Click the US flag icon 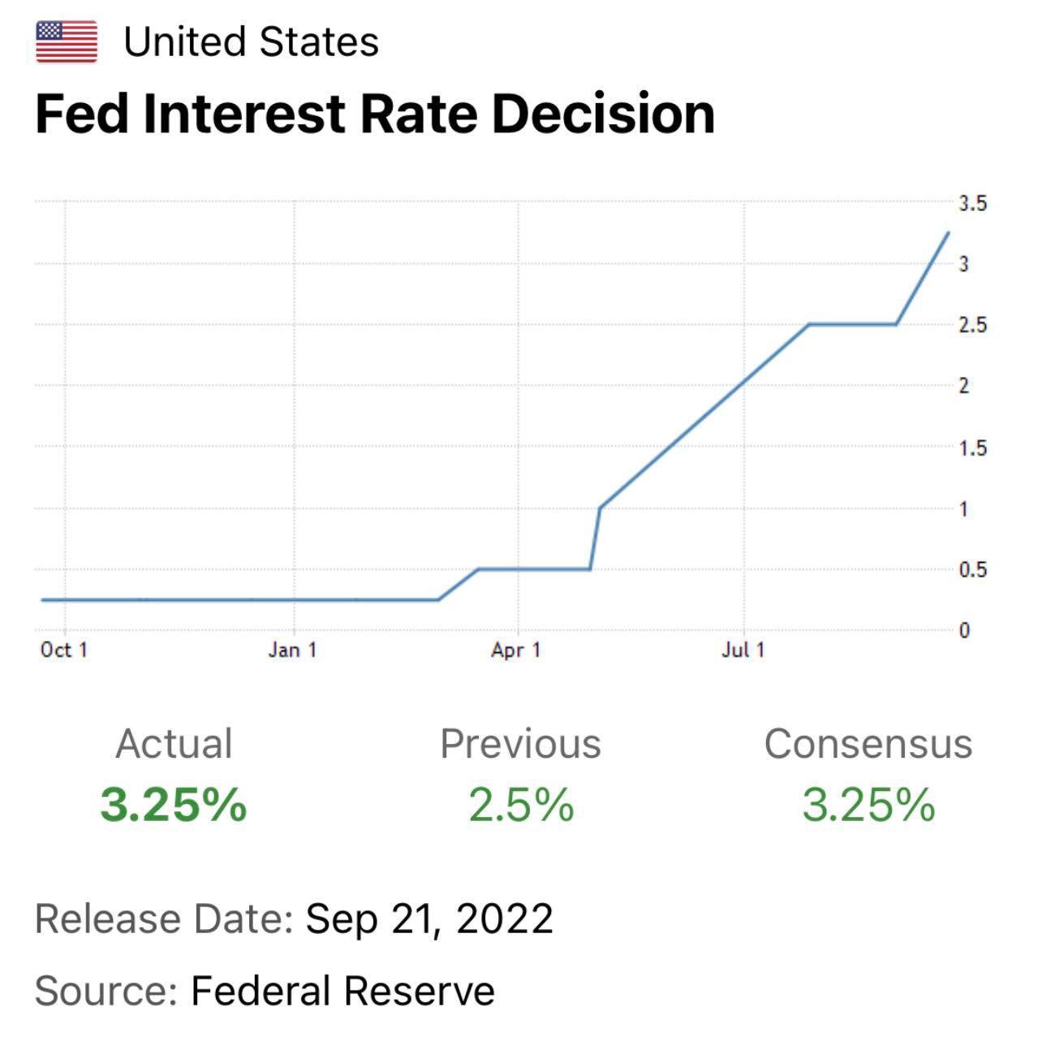pyautogui.click(x=67, y=42)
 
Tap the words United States pyautogui.click(x=251, y=42)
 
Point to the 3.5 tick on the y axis pyautogui.click(x=972, y=203)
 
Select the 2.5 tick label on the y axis pyautogui.click(x=972, y=326)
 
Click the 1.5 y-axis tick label pyautogui.click(x=972, y=448)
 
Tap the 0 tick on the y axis pyautogui.click(x=964, y=631)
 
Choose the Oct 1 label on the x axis pyautogui.click(x=63, y=651)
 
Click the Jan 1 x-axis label pyautogui.click(x=292, y=651)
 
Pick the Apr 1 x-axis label pyautogui.click(x=515, y=651)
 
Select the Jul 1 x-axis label pyautogui.click(x=743, y=651)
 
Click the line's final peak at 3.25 pyautogui.click(x=948, y=233)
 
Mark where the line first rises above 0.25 pyautogui.click(x=440, y=599)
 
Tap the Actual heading pyautogui.click(x=174, y=744)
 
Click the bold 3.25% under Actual pyautogui.click(x=174, y=805)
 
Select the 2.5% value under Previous pyautogui.click(x=521, y=805)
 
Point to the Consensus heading pyautogui.click(x=868, y=744)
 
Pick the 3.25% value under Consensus pyautogui.click(x=868, y=805)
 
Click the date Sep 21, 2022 pyautogui.click(x=429, y=919)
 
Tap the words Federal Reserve pyautogui.click(x=342, y=991)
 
